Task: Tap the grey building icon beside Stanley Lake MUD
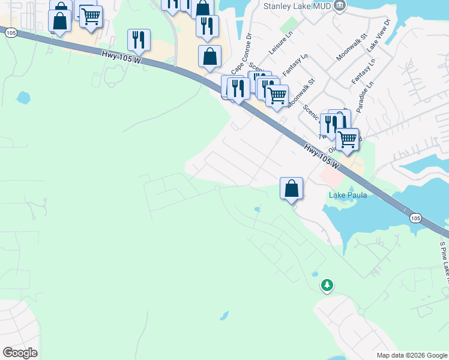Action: (x=340, y=7)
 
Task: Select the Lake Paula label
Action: (x=348, y=196)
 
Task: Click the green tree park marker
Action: (x=327, y=286)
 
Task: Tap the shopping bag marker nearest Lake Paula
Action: (x=291, y=188)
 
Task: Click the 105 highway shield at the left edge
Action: (x=10, y=34)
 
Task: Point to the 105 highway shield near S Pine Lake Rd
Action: (x=415, y=218)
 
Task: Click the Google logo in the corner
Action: (x=20, y=353)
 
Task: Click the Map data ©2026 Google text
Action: (x=412, y=355)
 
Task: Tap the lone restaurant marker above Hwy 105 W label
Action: (x=139, y=40)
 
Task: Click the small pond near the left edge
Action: (x=23, y=97)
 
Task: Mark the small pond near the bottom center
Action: (x=224, y=315)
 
